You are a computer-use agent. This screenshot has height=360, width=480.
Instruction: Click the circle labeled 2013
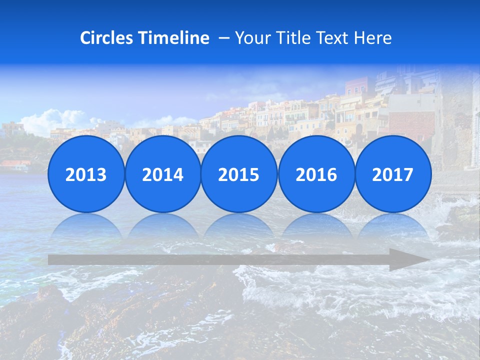coord(86,174)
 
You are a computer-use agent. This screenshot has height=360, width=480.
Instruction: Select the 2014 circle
coord(162,174)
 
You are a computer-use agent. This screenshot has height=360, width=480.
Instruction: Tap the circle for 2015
coord(239,174)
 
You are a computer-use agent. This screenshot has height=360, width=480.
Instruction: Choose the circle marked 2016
coord(316,174)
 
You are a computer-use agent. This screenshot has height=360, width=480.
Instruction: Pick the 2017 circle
coord(393,174)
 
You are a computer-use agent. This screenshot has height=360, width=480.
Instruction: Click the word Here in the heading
coord(372,38)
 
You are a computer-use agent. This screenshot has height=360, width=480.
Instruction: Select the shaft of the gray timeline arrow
coord(215,260)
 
